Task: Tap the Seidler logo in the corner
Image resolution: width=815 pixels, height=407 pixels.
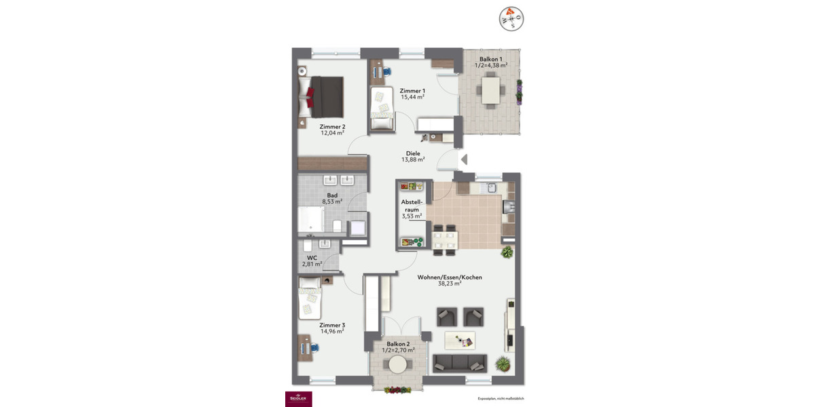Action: (297, 399)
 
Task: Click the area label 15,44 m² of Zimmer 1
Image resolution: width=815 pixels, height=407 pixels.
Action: (412, 98)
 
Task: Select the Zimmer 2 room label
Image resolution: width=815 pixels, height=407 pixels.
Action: (333, 126)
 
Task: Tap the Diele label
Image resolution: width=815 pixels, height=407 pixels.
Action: (412, 153)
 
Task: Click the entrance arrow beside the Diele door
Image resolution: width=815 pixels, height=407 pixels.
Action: (464, 160)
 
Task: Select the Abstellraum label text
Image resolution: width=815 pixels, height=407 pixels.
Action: (412, 206)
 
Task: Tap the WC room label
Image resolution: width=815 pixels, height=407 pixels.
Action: (312, 258)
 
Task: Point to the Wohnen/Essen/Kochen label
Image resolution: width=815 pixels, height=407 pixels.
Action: (450, 277)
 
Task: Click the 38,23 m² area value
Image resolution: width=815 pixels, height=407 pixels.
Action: (450, 284)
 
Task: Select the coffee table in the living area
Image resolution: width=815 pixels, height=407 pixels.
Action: (460, 339)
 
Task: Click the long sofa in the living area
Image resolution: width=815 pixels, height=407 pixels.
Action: (460, 363)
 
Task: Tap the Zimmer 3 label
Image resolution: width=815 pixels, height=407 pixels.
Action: (333, 325)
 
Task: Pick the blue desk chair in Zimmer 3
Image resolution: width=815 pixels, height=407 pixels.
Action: (316, 347)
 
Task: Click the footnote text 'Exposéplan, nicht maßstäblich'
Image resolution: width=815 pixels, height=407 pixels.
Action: (501, 399)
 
